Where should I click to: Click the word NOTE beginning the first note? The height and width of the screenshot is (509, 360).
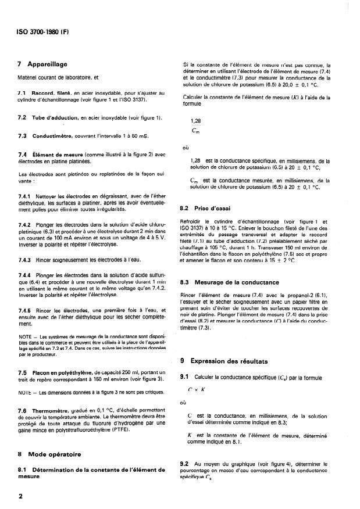point(24,336)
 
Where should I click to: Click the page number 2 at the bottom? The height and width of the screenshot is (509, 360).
point(20,496)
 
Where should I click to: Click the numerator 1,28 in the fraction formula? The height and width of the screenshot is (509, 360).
point(196,121)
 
